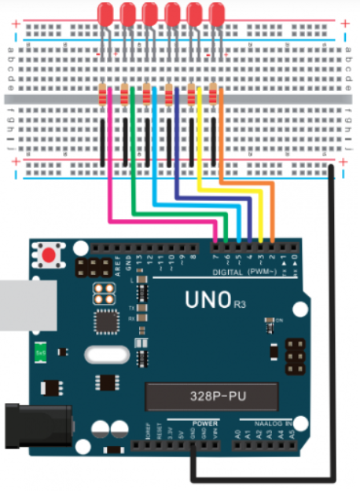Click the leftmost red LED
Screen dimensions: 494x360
coord(105,13)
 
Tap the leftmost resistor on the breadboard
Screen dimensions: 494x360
coord(103,96)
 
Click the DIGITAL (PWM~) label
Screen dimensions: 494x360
coord(235,272)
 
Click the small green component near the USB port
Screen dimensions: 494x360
coord(40,354)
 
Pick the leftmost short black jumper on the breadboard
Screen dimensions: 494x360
coord(102,141)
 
